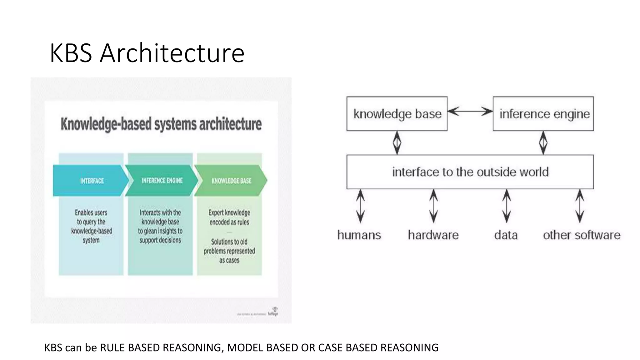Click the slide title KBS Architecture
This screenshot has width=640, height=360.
[147, 53]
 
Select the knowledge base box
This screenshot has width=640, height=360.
[397, 114]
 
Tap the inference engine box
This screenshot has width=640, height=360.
[543, 114]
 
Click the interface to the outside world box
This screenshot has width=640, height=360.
[470, 172]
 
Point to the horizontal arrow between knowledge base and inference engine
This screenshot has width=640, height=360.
[470, 111]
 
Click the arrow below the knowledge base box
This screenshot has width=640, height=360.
[397, 143]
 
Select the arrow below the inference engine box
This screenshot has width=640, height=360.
[543, 143]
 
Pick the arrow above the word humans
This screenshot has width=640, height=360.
[361, 206]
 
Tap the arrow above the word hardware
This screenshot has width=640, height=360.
[433, 206]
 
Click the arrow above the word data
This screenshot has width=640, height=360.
[507, 206]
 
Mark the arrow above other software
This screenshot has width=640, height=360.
[580, 206]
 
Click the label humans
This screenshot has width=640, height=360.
[359, 235]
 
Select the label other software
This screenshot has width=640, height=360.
[582, 235]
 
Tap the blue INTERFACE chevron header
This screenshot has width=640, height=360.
[91, 181]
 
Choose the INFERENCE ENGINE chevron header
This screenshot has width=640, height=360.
[162, 181]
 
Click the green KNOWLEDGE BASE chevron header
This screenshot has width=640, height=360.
[231, 181]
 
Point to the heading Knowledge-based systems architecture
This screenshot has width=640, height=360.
[161, 124]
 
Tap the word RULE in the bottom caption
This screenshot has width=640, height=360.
[113, 347]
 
